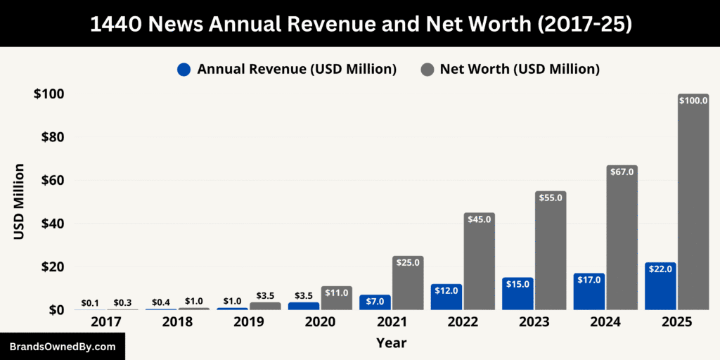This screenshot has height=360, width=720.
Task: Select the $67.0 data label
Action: [622, 172]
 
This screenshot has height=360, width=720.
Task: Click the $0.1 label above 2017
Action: [90, 303]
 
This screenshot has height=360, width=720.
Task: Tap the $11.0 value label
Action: [336, 292]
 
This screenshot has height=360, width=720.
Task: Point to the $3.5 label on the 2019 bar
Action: [265, 296]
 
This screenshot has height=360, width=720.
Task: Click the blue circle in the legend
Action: [184, 69]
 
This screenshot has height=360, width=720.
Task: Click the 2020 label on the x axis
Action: [320, 322]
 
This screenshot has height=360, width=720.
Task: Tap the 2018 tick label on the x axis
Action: [177, 322]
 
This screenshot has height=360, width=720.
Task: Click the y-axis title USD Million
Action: [19, 202]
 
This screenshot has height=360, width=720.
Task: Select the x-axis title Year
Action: [391, 343]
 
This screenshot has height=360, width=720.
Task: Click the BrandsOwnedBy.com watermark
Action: [63, 347]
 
